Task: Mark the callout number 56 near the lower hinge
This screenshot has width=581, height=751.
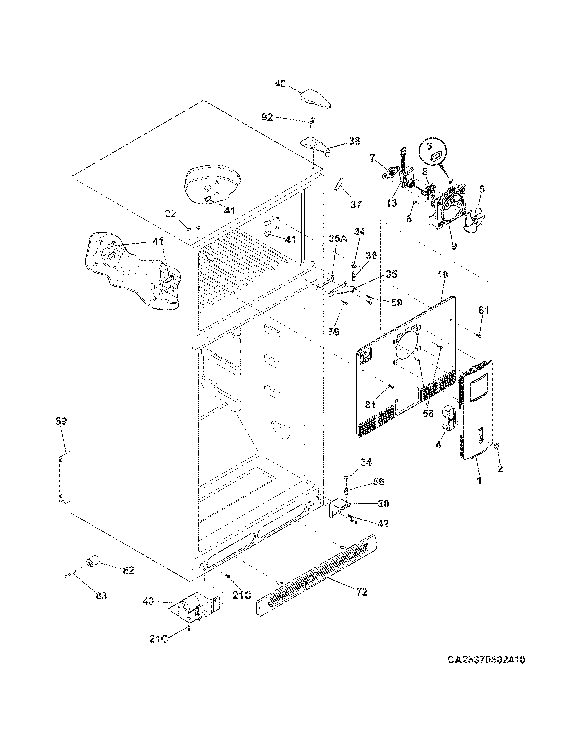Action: pos(378,482)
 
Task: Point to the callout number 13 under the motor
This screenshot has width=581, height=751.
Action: pos(391,203)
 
